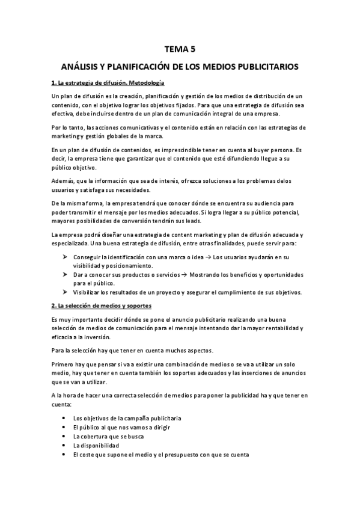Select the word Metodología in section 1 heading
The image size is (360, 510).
tap(145, 82)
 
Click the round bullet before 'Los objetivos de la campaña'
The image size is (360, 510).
tap(64, 418)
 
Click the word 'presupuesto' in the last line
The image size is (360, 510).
tap(188, 455)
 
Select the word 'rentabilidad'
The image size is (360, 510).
tap(277, 328)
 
